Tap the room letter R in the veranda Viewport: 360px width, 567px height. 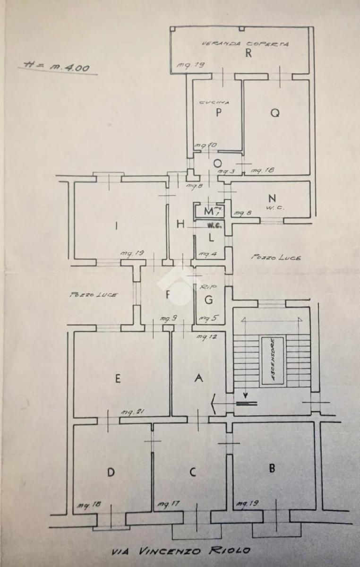click(248, 53)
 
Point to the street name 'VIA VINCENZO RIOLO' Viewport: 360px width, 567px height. click(181, 551)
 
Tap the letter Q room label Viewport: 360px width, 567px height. click(275, 112)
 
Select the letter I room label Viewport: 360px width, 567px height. click(116, 226)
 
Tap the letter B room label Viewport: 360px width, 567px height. click(272, 469)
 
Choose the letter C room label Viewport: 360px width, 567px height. click(192, 472)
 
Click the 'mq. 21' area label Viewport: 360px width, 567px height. click(132, 412)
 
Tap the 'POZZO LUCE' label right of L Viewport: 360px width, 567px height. click(276, 258)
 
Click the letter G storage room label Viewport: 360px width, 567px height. click(208, 300)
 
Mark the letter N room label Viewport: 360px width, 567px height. click(271, 198)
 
